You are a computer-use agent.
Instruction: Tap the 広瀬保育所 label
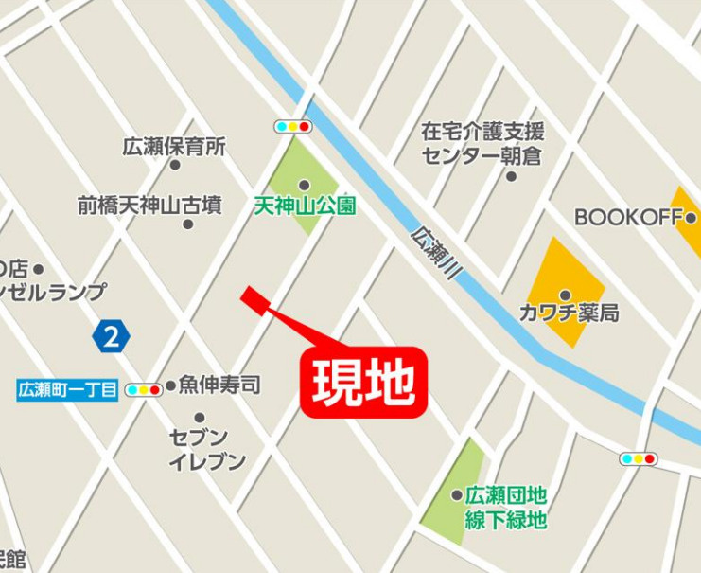175,147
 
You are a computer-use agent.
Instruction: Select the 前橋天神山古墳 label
150,204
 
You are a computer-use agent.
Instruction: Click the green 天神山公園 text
305,205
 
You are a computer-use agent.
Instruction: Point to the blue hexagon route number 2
112,336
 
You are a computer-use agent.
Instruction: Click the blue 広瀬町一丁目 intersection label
68,389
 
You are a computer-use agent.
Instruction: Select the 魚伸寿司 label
219,385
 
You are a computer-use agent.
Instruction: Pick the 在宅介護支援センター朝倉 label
482,143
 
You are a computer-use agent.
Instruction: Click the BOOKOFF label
628,217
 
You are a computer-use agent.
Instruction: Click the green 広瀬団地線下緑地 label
506,507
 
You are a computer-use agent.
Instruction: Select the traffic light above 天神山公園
292,126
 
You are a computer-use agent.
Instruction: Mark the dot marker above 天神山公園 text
305,185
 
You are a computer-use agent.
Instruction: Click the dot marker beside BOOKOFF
691,218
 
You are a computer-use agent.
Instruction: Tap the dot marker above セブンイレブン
200,418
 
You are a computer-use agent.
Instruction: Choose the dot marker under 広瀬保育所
175,165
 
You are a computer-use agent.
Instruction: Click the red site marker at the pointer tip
251,297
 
